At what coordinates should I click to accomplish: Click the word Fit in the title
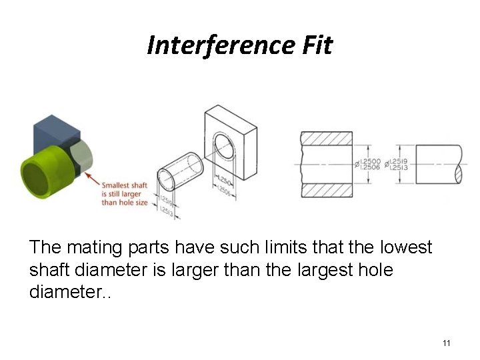315,46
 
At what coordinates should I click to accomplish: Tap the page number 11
447,343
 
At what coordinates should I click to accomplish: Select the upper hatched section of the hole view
327,137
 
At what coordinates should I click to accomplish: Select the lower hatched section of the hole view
327,191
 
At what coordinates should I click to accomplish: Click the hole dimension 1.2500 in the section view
371,162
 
